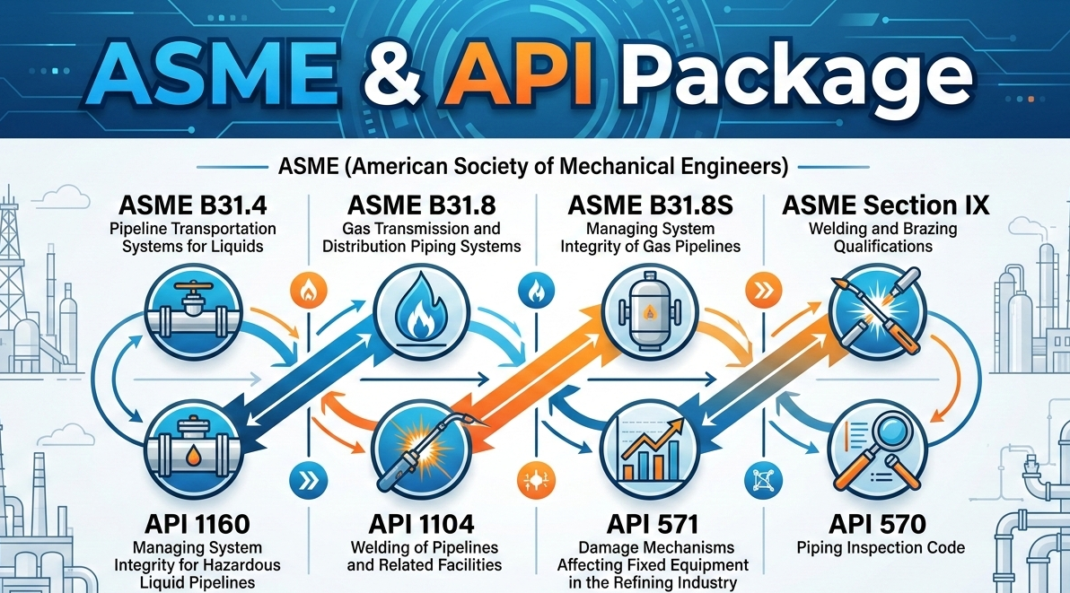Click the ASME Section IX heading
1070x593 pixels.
click(885, 205)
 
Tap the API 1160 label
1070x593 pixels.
click(197, 524)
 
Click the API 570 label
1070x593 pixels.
click(877, 524)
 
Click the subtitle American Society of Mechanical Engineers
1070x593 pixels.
click(534, 166)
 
